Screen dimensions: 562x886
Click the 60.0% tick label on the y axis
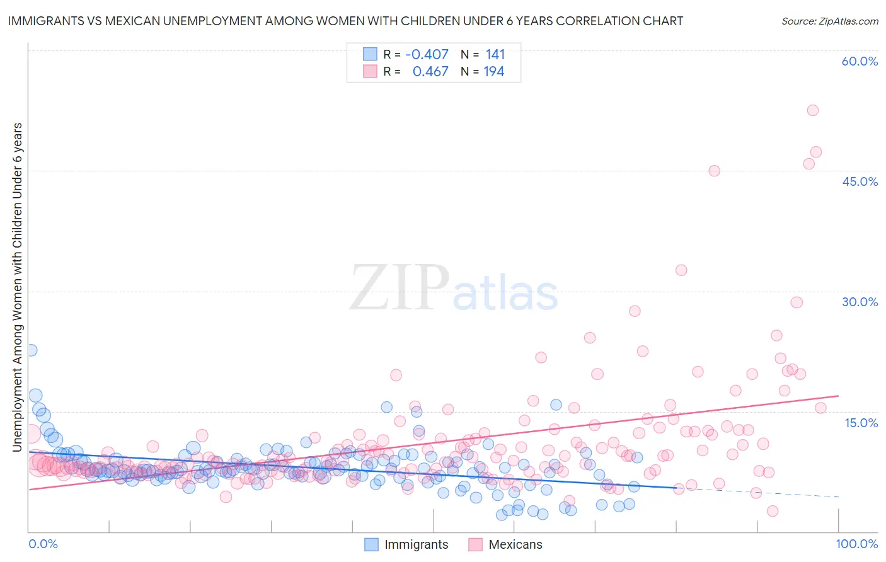point(860,61)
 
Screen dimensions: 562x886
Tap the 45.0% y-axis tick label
point(860,181)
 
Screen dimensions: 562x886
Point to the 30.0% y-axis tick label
point(860,302)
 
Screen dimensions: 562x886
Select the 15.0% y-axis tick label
point(861,422)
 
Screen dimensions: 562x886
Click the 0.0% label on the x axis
point(43,544)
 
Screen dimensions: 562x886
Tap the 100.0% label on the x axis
point(856,544)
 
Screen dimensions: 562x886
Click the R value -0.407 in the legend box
point(427,55)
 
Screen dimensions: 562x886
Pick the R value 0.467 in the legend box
point(430,72)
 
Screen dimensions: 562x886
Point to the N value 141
point(495,55)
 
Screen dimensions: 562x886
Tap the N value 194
point(493,72)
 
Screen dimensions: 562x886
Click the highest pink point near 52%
point(812,110)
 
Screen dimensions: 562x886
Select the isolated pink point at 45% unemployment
point(714,171)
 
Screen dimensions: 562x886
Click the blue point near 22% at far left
point(31,350)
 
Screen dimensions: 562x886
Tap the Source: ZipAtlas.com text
point(829,21)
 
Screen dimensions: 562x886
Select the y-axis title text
point(17,287)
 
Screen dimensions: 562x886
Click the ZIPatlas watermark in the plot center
point(454,289)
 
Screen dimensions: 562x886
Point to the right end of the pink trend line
point(838,396)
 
